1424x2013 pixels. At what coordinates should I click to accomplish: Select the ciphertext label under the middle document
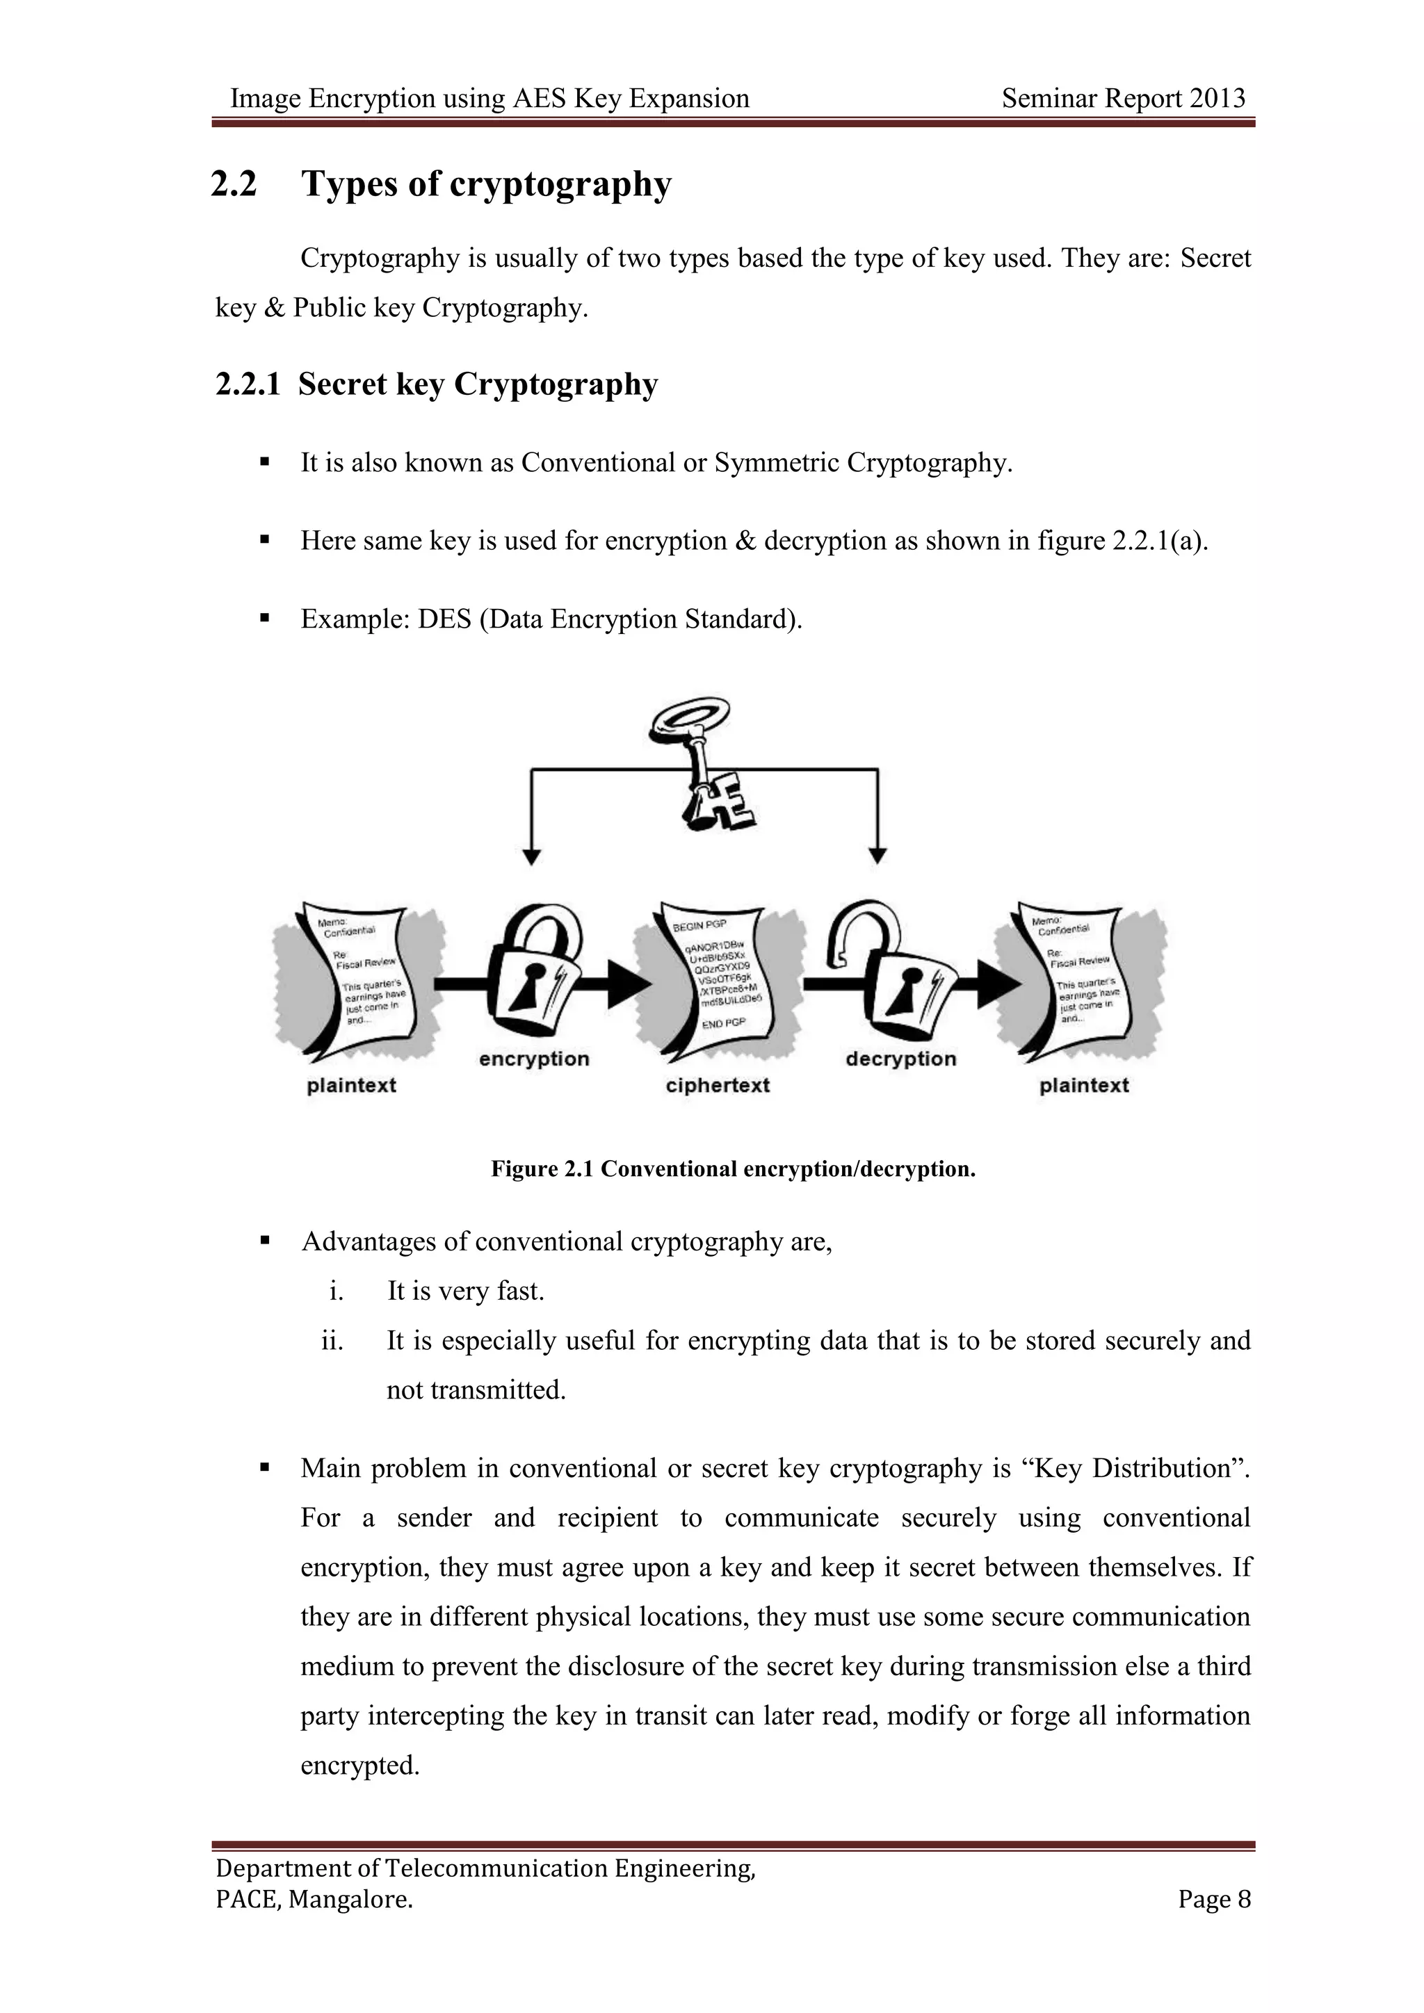tap(718, 1086)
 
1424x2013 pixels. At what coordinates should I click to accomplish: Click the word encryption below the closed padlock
tap(534, 1059)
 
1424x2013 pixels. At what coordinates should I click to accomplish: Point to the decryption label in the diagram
tap(900, 1059)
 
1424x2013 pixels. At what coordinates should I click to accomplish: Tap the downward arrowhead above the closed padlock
tap(531, 856)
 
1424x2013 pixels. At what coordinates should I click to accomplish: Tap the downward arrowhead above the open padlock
tap(877, 856)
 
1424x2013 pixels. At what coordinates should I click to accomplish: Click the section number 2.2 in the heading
tap(234, 184)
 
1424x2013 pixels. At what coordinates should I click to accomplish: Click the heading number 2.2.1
tap(248, 384)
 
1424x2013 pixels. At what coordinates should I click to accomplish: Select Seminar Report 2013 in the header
tap(1123, 98)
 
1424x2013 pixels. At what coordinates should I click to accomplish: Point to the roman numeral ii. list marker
tap(332, 1341)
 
